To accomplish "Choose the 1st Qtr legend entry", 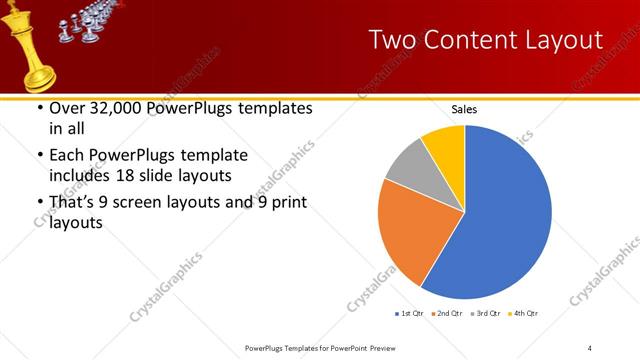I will pyautogui.click(x=411, y=314).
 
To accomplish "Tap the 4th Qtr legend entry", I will pyautogui.click(x=524, y=314).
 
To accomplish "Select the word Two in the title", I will pyautogui.click(x=396, y=40).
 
